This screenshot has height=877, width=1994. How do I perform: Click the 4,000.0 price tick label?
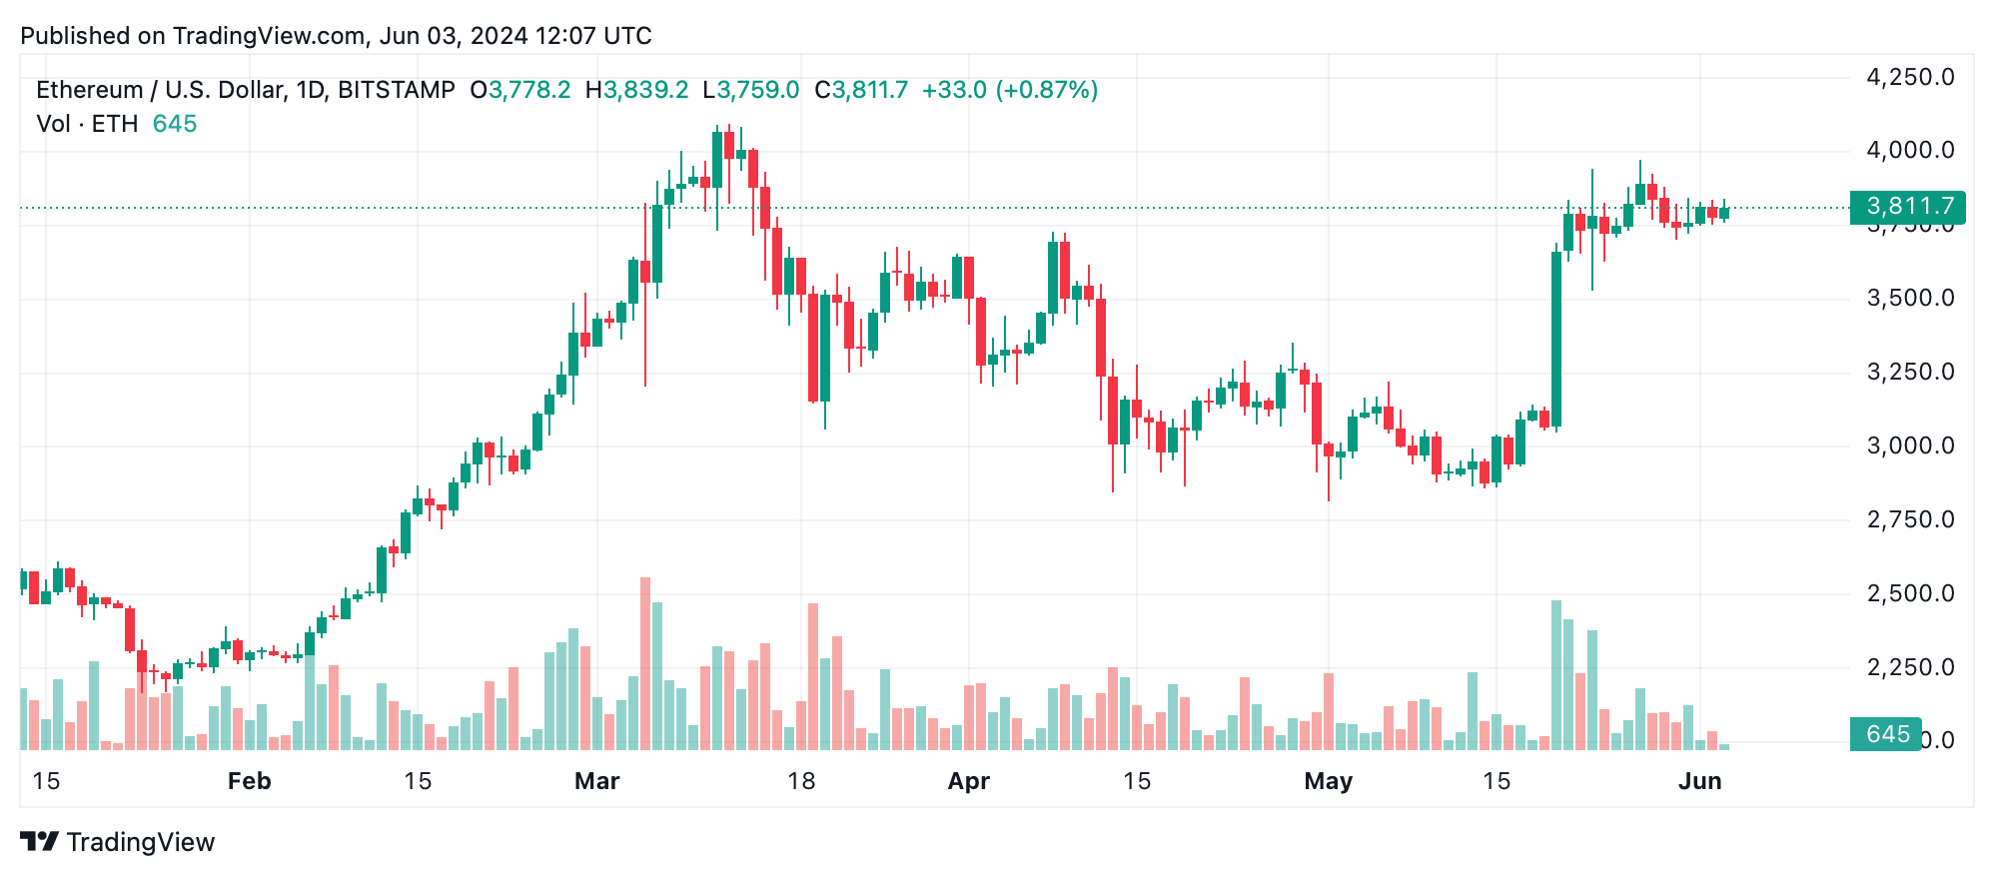point(1910,151)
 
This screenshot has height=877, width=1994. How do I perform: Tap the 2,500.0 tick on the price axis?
point(1910,593)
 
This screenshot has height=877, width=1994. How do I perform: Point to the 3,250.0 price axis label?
point(1910,373)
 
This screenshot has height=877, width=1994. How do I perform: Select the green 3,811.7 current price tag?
point(1907,207)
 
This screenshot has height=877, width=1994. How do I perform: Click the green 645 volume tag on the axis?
point(1886,734)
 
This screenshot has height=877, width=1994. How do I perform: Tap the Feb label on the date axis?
point(249,781)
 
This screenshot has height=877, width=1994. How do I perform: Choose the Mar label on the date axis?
point(596,781)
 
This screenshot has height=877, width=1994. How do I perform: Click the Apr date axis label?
point(968,781)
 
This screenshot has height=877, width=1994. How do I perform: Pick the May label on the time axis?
point(1328,781)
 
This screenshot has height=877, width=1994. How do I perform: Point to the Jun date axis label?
point(1699,781)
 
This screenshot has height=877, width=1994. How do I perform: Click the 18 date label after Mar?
point(801,781)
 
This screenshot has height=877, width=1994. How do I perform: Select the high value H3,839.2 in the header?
point(636,90)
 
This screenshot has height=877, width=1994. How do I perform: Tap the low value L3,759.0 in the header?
point(751,90)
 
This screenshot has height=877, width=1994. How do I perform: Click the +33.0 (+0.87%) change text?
point(1009,90)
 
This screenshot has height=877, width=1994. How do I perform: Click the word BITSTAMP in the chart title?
point(397,90)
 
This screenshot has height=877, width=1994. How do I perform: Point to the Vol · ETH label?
point(87,124)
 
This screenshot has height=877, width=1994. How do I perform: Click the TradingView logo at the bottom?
point(117,842)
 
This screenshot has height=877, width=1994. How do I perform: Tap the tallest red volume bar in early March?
point(645,663)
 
